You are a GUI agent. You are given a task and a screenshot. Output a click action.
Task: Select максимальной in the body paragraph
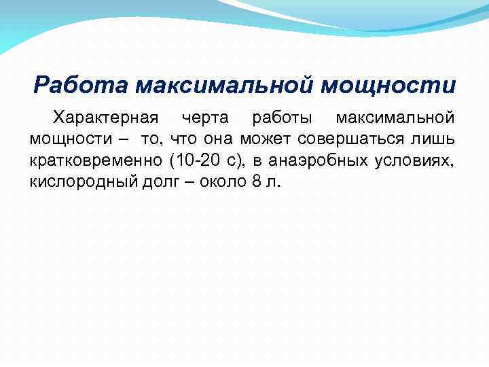point(395,118)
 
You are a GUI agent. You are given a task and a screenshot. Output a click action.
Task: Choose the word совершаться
point(354,140)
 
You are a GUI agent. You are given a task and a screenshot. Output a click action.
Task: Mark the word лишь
point(437,139)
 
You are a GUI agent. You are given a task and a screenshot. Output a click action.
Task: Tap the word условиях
point(414,161)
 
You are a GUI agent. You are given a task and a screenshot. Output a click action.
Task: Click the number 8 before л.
point(255,181)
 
